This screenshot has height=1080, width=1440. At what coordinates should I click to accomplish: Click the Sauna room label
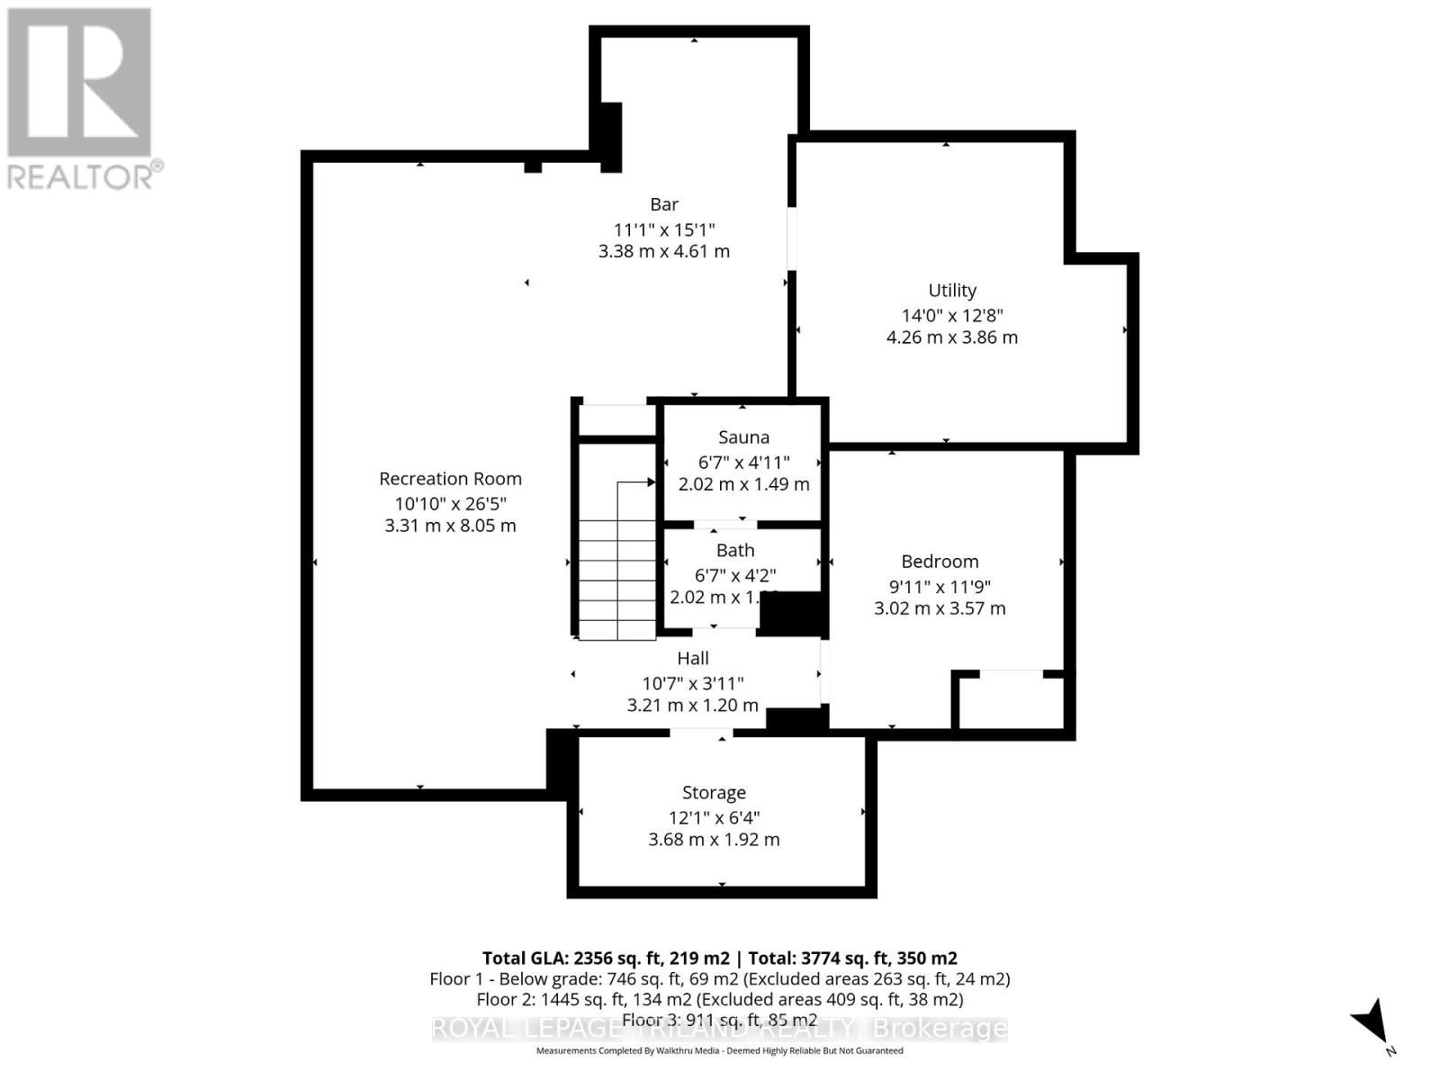[743, 437]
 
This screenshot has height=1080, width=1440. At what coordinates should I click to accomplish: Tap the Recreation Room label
[450, 479]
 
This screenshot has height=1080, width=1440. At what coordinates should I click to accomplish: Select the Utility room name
[952, 291]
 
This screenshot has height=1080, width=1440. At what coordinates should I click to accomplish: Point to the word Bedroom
[940, 562]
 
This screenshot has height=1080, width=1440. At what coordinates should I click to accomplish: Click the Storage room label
[714, 793]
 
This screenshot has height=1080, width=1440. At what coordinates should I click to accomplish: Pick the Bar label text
[664, 204]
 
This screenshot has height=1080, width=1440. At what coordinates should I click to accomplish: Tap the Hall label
[693, 659]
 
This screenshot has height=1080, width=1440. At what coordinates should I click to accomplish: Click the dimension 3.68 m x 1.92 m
[714, 840]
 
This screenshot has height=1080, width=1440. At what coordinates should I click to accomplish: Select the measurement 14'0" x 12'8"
[952, 315]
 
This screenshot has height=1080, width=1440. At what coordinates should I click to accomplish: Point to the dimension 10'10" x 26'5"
[450, 504]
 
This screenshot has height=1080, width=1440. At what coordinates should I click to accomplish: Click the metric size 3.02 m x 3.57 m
[940, 608]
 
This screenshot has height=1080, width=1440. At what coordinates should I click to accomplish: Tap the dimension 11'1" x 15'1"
[664, 229]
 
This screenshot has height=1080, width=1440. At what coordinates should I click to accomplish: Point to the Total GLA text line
[719, 958]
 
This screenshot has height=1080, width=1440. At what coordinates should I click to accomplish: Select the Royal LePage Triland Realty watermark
[719, 1028]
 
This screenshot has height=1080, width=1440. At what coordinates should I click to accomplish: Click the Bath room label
[735, 550]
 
